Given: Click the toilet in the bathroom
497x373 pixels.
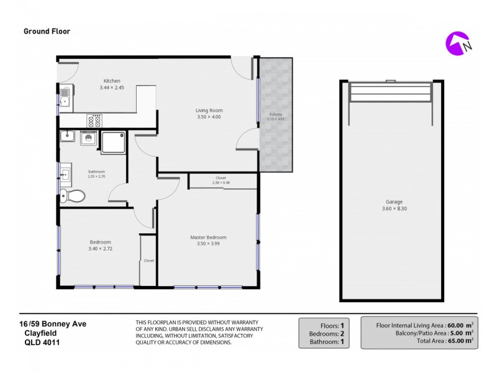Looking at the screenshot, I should click(75, 196).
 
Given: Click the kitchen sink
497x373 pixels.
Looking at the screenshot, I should click(65, 96).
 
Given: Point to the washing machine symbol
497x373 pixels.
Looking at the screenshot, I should click(89, 139).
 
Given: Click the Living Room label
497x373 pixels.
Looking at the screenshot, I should click(209, 111).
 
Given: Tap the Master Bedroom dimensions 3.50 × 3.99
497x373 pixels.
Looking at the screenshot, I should click(208, 244).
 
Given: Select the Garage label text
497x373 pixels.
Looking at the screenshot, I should click(393, 202).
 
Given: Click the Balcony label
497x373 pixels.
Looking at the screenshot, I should click(275, 114).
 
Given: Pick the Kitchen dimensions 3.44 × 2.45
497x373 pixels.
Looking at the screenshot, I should click(112, 88).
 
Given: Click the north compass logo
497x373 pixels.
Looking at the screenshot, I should click(458, 43).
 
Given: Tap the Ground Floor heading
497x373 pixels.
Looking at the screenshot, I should click(47, 30).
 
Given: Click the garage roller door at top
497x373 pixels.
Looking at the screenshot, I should click(390, 93).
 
